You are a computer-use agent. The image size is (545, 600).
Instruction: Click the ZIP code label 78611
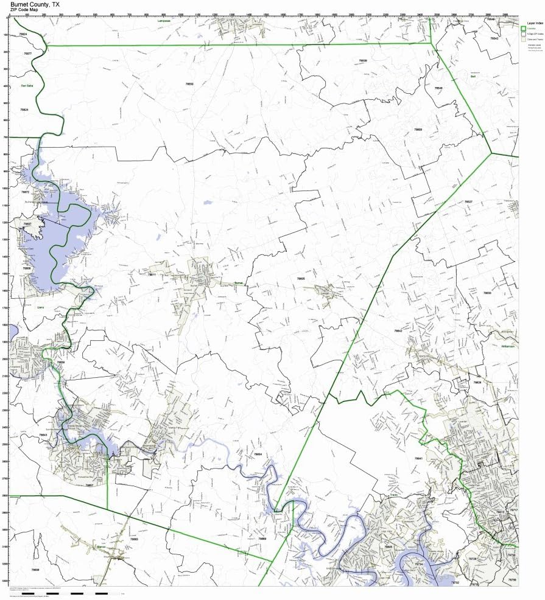click(152, 274)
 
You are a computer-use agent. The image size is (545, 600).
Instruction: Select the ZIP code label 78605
click(301, 278)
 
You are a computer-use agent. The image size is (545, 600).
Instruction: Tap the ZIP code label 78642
click(398, 330)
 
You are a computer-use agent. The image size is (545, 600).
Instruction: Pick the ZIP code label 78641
click(418, 458)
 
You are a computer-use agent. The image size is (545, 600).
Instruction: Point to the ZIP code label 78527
click(468, 201)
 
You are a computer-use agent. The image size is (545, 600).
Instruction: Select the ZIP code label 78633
click(487, 293)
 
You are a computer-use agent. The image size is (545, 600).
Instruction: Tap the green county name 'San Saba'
click(26, 86)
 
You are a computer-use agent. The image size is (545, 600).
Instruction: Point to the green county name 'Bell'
click(473, 77)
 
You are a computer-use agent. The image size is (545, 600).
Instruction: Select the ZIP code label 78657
click(90, 485)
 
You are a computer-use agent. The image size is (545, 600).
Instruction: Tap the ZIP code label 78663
click(134, 539)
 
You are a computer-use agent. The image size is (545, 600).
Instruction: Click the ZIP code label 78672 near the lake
click(25, 192)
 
